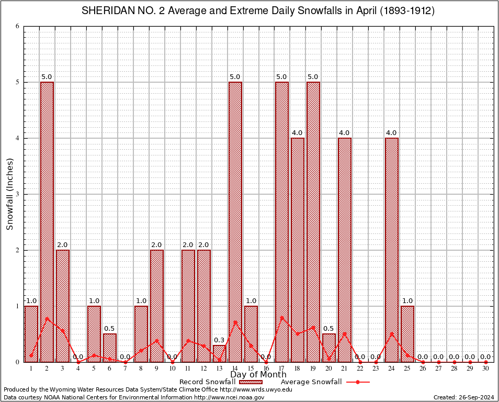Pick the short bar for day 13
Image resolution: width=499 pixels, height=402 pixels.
click(x=220, y=353)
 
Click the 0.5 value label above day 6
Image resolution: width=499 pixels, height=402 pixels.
click(x=109, y=329)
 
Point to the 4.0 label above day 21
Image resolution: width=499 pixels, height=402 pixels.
click(x=345, y=133)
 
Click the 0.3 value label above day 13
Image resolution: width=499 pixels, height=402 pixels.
click(x=219, y=340)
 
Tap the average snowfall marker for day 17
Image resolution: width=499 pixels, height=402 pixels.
click(x=282, y=317)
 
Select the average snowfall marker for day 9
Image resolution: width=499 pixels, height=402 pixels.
click(x=157, y=340)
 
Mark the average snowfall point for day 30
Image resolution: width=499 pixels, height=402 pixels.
click(x=486, y=362)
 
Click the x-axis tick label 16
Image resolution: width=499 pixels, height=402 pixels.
click(x=266, y=369)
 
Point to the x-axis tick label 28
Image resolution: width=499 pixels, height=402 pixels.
click(x=455, y=369)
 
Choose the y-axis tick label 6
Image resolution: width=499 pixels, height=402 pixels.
click(x=17, y=26)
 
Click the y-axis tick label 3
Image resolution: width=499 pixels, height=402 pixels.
click(x=17, y=194)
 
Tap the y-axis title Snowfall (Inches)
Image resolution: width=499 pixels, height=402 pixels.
click(x=9, y=194)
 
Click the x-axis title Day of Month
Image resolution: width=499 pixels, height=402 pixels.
click(x=258, y=375)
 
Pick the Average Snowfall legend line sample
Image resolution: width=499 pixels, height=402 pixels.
click(x=358, y=382)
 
